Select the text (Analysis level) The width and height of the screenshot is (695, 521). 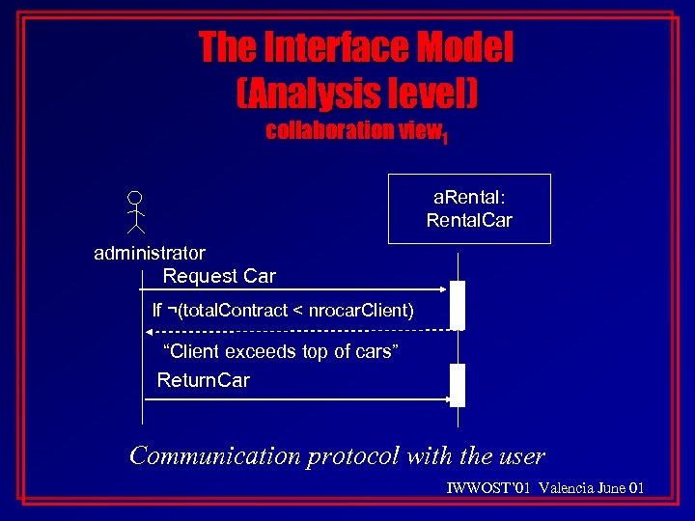[357, 93]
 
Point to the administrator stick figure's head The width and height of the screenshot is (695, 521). [136, 196]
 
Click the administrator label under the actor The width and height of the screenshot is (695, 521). [150, 254]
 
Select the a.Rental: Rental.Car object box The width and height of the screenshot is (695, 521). [469, 208]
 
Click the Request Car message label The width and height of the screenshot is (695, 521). [219, 277]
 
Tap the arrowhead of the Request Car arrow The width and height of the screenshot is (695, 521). [445, 288]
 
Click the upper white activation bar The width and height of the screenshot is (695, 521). [458, 305]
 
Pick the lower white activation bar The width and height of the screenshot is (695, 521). [458, 385]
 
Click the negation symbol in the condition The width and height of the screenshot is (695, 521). [171, 310]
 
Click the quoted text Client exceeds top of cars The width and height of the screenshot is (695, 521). [282, 352]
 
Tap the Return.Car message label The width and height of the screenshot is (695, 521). [203, 380]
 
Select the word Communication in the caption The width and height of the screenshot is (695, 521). [215, 455]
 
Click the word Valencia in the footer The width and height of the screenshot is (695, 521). [567, 488]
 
